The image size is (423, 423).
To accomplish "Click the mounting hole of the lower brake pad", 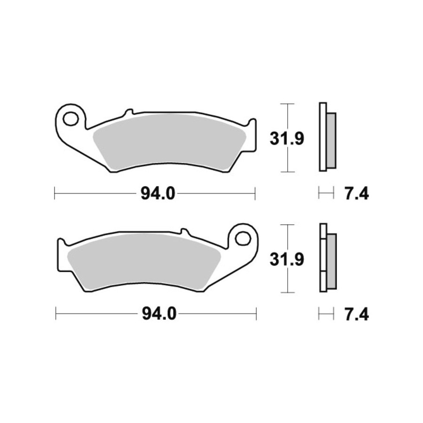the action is point(243,238).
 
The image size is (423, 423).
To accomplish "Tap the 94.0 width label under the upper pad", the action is point(158,194).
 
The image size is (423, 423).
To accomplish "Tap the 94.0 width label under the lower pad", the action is point(159,314).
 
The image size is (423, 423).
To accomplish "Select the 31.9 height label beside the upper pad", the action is point(287,139).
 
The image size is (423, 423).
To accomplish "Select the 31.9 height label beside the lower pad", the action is point(287,259).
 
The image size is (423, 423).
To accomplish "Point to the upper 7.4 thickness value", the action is point(357,194).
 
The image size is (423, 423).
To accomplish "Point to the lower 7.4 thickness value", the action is point(357,314).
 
